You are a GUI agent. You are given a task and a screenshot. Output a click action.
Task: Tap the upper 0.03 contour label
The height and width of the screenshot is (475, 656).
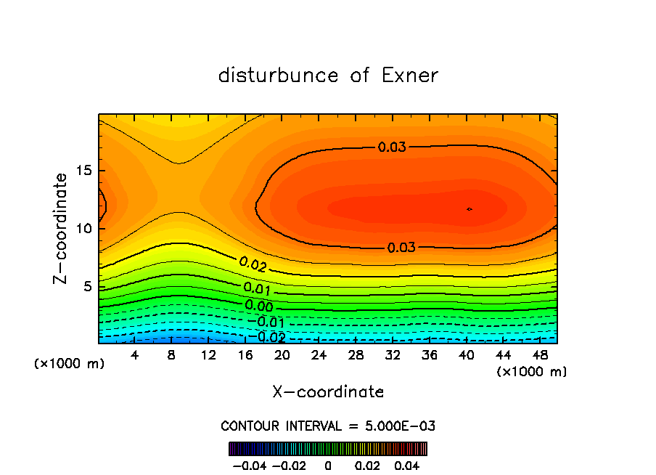tap(392, 147)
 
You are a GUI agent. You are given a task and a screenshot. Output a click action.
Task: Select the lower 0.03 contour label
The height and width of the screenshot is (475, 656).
tap(401, 248)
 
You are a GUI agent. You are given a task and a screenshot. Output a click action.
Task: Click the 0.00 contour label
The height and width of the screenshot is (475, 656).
tap(259, 306)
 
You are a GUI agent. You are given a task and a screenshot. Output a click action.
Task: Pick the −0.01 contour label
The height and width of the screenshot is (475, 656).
tap(266, 322)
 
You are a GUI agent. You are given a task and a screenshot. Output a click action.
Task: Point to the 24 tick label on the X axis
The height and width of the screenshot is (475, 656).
tap(319, 355)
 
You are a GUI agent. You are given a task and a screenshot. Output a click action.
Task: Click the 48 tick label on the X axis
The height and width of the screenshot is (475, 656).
tap(540, 355)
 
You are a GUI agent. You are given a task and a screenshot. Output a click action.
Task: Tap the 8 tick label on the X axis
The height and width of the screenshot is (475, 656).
tap(171, 355)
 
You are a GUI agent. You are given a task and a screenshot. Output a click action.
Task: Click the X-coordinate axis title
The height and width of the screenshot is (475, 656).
tap(328, 392)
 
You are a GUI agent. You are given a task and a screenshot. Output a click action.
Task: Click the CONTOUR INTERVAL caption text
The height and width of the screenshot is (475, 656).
tap(328, 426)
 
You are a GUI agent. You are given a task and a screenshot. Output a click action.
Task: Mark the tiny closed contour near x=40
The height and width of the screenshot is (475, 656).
tap(470, 209)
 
